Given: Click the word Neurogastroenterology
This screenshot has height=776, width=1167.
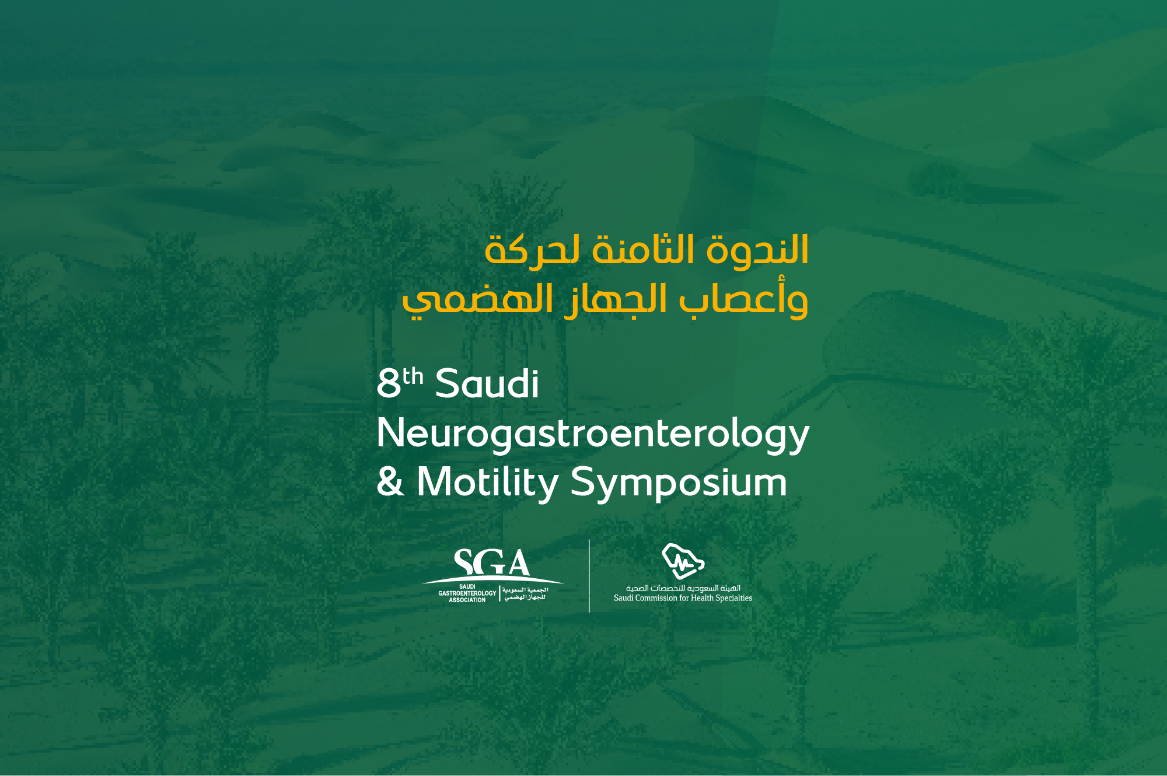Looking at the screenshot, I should coord(593,434).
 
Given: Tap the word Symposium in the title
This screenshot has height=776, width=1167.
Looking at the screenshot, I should coord(679,483).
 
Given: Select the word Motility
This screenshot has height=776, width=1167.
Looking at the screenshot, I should coord(487,483).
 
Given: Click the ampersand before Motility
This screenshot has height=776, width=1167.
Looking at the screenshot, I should coord(390,482).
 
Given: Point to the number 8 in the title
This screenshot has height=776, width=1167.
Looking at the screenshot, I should coord(389,384).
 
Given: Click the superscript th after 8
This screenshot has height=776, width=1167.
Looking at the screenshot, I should coord(413,376).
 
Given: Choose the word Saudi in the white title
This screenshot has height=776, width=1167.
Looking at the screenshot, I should coord(487,384).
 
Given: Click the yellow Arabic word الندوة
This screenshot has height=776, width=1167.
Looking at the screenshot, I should coord(757,250).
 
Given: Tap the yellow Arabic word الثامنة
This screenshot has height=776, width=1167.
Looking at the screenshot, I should coord(642,250).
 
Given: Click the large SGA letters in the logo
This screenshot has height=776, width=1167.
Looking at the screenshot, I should coord(491,562).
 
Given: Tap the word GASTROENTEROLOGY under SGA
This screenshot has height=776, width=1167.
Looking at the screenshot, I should coord(467,593).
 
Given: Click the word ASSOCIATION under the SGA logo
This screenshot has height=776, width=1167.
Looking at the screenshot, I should coord(467,600).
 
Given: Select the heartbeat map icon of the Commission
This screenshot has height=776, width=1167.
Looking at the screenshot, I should coord(683,561).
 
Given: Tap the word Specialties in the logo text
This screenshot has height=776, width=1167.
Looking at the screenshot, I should coord(729,598).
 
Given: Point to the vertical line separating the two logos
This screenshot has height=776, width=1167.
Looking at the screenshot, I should coord(589,576).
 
